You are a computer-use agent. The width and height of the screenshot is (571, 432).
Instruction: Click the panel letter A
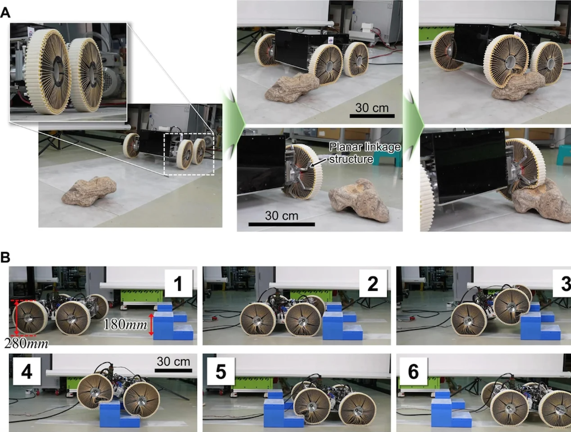[5, 13]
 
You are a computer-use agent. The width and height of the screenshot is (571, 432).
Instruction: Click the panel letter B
[5, 257]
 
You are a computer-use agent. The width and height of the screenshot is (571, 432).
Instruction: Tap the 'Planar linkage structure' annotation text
[365, 153]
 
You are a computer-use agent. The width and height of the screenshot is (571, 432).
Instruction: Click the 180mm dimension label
[126, 324]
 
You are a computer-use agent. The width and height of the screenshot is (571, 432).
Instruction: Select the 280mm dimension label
[26, 343]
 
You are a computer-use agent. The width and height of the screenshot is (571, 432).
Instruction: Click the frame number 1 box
[178, 283]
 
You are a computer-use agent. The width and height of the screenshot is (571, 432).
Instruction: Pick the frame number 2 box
[373, 283]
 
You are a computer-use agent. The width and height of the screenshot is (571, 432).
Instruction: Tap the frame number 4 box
[27, 371]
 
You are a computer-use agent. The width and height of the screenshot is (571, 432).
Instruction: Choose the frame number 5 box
[220, 371]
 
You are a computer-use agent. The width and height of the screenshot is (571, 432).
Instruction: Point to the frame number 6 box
[413, 371]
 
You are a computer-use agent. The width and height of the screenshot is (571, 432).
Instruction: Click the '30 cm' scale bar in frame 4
[174, 370]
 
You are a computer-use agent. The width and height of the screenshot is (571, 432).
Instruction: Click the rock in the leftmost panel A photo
[89, 191]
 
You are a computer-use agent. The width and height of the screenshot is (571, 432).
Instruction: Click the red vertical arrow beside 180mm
[151, 324]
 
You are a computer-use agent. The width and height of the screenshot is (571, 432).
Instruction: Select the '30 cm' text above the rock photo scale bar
[372, 108]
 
